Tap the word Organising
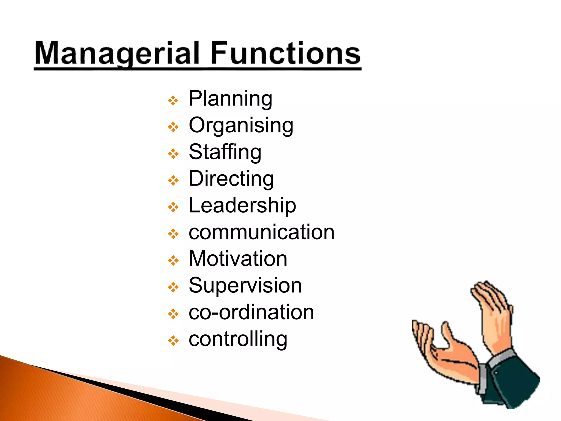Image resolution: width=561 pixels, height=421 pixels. (x=241, y=126)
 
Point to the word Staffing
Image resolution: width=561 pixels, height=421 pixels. (x=225, y=152)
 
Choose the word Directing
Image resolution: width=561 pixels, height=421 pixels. (x=231, y=179)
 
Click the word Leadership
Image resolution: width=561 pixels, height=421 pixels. (x=242, y=205)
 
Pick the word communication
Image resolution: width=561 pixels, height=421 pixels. (x=262, y=232)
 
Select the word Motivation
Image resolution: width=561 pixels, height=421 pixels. (x=238, y=259)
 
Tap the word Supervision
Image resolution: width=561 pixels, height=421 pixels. (x=245, y=285)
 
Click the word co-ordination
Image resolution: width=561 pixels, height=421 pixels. (x=251, y=312)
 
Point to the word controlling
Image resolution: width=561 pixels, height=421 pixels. (x=238, y=339)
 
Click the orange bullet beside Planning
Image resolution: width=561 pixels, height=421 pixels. (x=173, y=101)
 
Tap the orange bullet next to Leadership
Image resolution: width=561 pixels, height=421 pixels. (x=173, y=207)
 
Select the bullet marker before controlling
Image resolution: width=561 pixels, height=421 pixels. (x=173, y=341)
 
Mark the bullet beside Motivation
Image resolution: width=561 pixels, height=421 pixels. (x=173, y=261)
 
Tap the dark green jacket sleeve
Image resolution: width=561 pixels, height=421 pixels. (x=515, y=384)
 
